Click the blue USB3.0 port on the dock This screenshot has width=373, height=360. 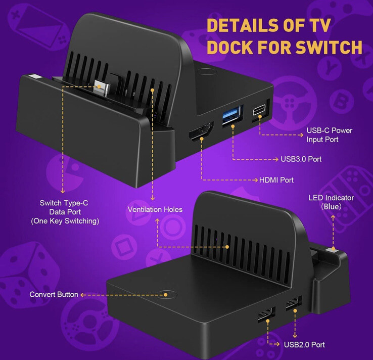click(x=232, y=116)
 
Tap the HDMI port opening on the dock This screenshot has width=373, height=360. click(x=201, y=131)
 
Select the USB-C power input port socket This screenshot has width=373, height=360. click(x=259, y=110)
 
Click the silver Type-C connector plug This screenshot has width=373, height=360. click(x=102, y=87)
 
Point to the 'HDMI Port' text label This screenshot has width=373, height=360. click(x=276, y=180)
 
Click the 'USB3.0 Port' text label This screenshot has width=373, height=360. click(x=301, y=159)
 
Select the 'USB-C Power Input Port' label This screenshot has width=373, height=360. click(x=329, y=134)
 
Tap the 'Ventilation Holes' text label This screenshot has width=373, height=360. click(x=155, y=209)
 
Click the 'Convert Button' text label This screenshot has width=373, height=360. click(x=54, y=294)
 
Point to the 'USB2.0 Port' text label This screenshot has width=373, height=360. click(x=304, y=344)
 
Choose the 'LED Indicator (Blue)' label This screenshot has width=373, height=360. click(x=331, y=202)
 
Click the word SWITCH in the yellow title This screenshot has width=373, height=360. click(x=329, y=47)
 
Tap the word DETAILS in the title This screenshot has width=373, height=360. click(x=243, y=25)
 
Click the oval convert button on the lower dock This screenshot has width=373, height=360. click(x=166, y=295)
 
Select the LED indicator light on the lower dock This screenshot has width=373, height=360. click(x=332, y=250)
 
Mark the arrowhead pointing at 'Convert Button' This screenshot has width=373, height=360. click(x=82, y=295)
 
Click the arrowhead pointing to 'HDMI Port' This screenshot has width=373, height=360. click(x=256, y=180)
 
